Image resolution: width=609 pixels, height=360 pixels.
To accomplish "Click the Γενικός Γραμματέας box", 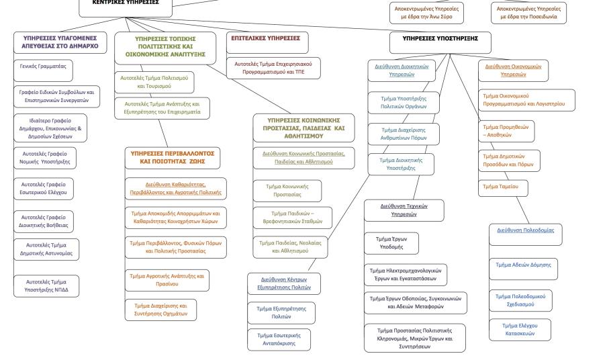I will click(x=46, y=70).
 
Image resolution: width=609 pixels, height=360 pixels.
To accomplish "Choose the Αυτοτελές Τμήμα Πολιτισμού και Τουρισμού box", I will click(x=163, y=82).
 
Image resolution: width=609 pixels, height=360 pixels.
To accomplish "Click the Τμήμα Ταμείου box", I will click(x=502, y=187).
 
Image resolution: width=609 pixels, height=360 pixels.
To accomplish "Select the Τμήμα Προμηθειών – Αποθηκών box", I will click(x=504, y=130).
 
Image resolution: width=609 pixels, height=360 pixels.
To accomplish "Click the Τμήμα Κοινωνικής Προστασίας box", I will click(x=281, y=190).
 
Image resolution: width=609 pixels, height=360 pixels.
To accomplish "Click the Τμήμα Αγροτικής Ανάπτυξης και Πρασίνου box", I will click(x=166, y=279).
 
